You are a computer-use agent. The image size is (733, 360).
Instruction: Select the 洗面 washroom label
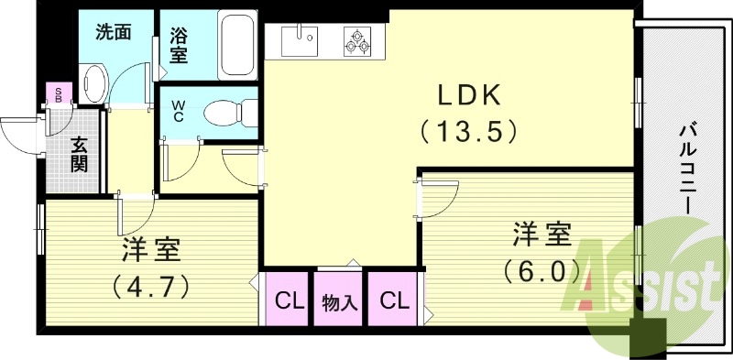pyautogui.click(x=115, y=31)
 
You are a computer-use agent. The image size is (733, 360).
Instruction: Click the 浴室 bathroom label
pyautogui.click(x=179, y=46)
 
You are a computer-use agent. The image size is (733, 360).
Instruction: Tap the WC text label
pyautogui.click(x=179, y=111)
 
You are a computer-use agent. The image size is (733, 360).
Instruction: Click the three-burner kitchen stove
pyautogui.click(x=356, y=40)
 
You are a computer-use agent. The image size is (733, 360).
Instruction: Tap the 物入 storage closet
pyautogui.click(x=339, y=299)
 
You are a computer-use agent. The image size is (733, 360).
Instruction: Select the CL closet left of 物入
pyautogui.click(x=290, y=299)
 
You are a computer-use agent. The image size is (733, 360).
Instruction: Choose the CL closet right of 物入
pyautogui.click(x=393, y=299)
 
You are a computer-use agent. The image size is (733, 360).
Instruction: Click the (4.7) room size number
pyautogui.click(x=151, y=287)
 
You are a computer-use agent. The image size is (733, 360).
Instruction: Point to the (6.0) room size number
pyautogui.click(x=542, y=271)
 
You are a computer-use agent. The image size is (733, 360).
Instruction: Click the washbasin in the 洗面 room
pyautogui.click(x=94, y=82)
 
